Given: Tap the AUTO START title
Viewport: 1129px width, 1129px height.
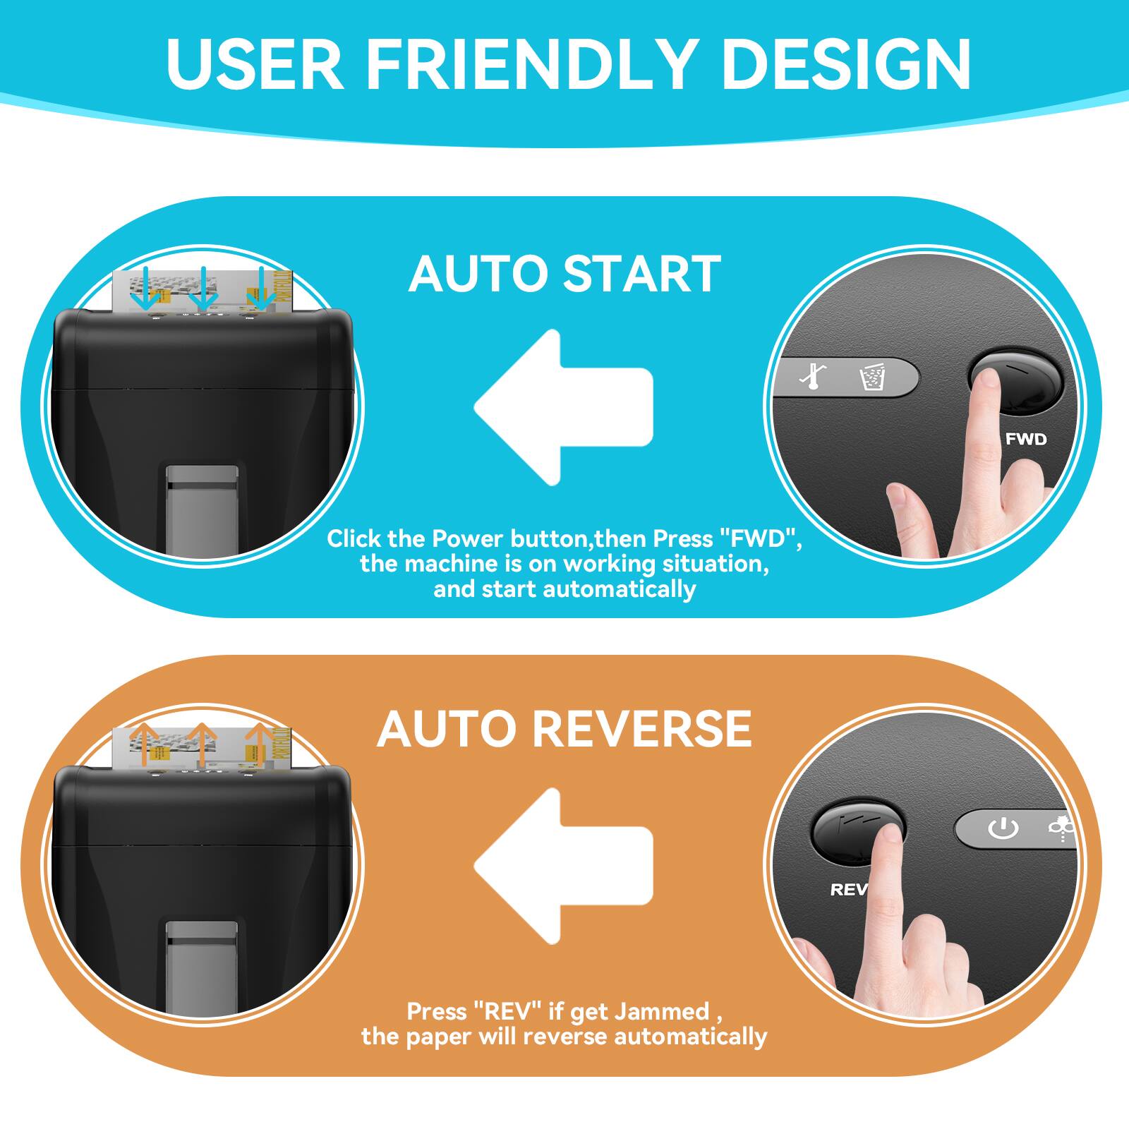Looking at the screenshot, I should pyautogui.click(x=564, y=274).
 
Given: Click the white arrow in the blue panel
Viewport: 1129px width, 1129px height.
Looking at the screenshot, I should pyautogui.click(x=557, y=408).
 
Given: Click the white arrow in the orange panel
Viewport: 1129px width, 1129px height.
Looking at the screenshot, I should pyautogui.click(x=557, y=867).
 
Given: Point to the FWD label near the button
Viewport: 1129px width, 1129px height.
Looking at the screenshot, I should pyautogui.click(x=1025, y=439).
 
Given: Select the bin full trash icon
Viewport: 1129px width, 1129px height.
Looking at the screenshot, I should pyautogui.click(x=871, y=377).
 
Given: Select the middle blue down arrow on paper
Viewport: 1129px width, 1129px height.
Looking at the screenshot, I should pyautogui.click(x=203, y=289).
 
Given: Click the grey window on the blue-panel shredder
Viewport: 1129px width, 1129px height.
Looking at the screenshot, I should pyautogui.click(x=202, y=508).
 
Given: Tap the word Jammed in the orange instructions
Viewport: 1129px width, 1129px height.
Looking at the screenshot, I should pyautogui.click(x=661, y=1011).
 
